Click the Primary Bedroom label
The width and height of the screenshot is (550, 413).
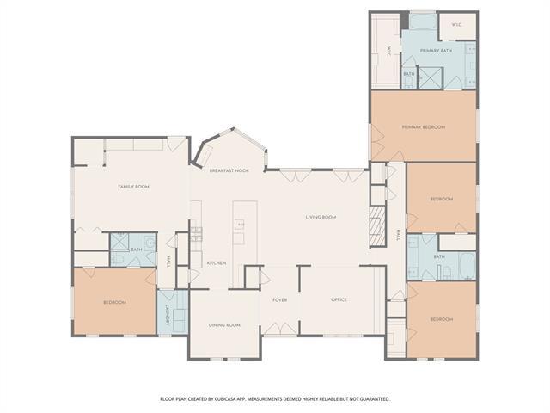[x=424, y=127]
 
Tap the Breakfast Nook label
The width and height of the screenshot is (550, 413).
[x=229, y=170]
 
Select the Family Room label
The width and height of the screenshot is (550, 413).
[x=134, y=187]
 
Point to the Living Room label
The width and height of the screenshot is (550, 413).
[x=321, y=218]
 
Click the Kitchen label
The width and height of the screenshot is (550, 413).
[x=217, y=262]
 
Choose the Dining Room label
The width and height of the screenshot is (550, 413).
[x=224, y=325]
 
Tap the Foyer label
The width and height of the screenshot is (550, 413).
[x=280, y=299]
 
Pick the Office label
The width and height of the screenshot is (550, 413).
[x=339, y=299]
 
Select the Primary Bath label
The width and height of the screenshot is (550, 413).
[x=436, y=51]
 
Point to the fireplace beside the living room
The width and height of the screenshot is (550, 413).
[x=376, y=226]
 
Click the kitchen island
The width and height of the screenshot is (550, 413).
[x=240, y=232]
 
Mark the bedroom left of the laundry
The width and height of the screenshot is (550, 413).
[x=114, y=302]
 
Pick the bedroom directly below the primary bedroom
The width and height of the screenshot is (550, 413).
[x=441, y=199]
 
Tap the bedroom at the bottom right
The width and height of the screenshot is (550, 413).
[x=441, y=319]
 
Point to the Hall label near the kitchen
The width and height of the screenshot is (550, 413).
[x=169, y=262]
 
